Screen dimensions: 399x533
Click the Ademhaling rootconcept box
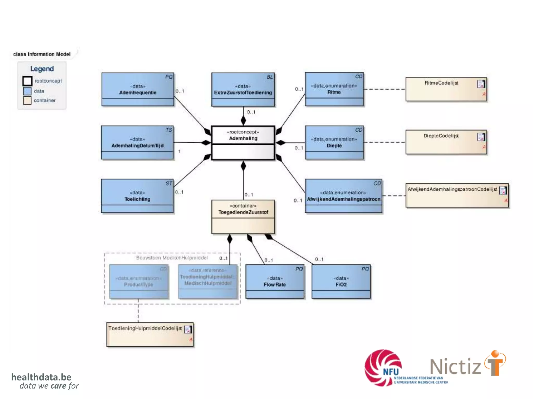[243, 143]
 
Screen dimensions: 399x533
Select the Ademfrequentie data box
[138, 89]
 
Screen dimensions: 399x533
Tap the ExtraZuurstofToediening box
[243, 90]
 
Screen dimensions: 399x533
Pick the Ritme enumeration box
[334, 89]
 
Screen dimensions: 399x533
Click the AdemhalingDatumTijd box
[137, 143]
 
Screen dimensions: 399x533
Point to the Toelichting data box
[137, 196]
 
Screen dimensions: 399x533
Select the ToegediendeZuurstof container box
[243, 217]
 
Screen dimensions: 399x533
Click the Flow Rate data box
[275, 282]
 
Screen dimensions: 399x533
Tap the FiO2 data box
[341, 282]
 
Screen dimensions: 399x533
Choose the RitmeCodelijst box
[446, 89]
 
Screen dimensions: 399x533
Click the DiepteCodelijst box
[446, 142]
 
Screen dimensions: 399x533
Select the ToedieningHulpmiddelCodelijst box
[150, 335]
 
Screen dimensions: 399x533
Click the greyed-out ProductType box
[139, 282]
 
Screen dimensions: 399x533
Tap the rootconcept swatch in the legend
[27, 81]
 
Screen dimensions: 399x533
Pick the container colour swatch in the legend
[27, 100]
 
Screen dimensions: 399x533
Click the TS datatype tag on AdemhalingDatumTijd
[169, 130]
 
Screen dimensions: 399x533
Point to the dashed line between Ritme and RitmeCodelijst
[384, 89]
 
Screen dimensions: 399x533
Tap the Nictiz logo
[467, 365]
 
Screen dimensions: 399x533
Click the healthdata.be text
[41, 377]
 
